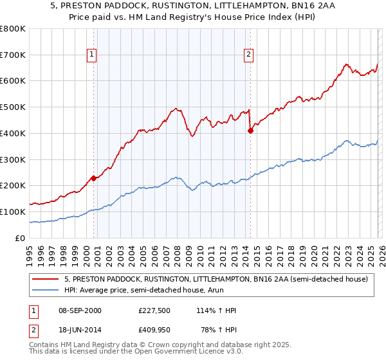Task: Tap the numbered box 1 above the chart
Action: (93, 55)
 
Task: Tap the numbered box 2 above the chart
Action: (248, 55)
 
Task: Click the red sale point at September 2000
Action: (93, 178)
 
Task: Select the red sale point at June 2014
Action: (250, 130)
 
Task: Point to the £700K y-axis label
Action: (13, 55)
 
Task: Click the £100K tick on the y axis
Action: (13, 212)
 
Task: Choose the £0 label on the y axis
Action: (20, 238)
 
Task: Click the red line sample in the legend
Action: (46, 280)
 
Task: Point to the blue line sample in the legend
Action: (46, 291)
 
